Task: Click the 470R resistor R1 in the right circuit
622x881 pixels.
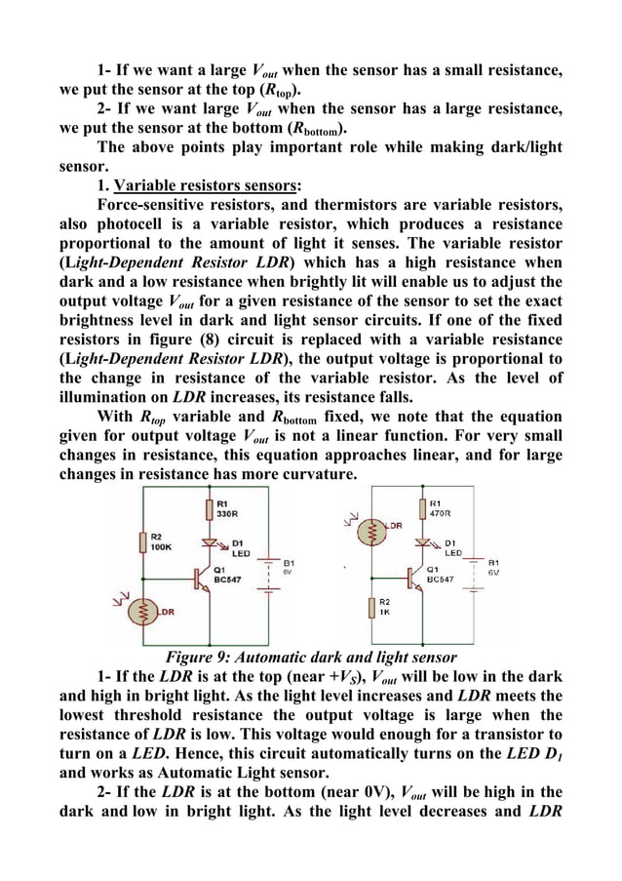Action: tap(422, 509)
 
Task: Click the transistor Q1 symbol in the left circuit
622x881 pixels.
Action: tap(204, 577)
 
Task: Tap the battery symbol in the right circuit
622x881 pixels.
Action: tap(475, 576)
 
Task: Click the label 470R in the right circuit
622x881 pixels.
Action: tap(442, 510)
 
